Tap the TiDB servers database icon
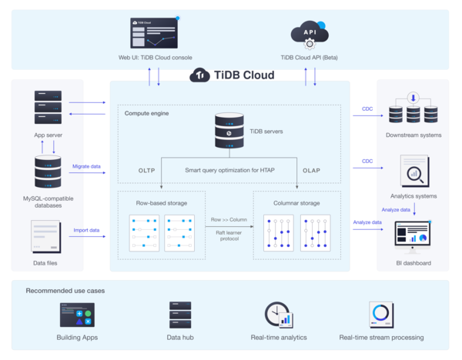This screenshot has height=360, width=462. click(229, 131)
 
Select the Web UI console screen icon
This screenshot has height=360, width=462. click(154, 33)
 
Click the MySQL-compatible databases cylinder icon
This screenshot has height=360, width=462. click(48, 172)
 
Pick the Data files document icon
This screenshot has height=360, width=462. click(47, 237)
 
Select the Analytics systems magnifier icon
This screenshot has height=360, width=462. click(414, 172)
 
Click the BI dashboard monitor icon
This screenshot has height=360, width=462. click(414, 238)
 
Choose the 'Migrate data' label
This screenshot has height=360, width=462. click(86, 166)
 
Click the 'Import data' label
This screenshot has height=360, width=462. click(86, 230)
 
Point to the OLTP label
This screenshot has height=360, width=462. click(147, 170)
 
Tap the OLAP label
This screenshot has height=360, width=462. click(311, 170)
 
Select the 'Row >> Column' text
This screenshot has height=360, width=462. click(229, 220)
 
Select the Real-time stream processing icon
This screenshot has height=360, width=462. click(381, 315)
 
